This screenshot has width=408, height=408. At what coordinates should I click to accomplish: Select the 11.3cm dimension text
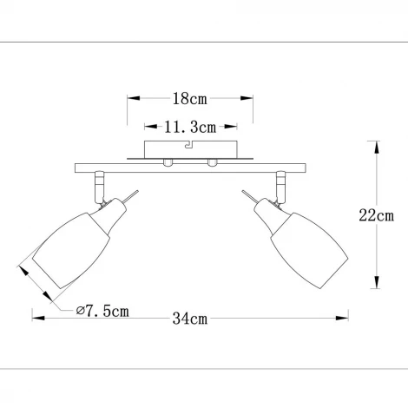190,128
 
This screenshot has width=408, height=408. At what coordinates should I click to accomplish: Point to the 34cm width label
190,319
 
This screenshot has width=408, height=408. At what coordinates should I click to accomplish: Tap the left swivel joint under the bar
99,185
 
